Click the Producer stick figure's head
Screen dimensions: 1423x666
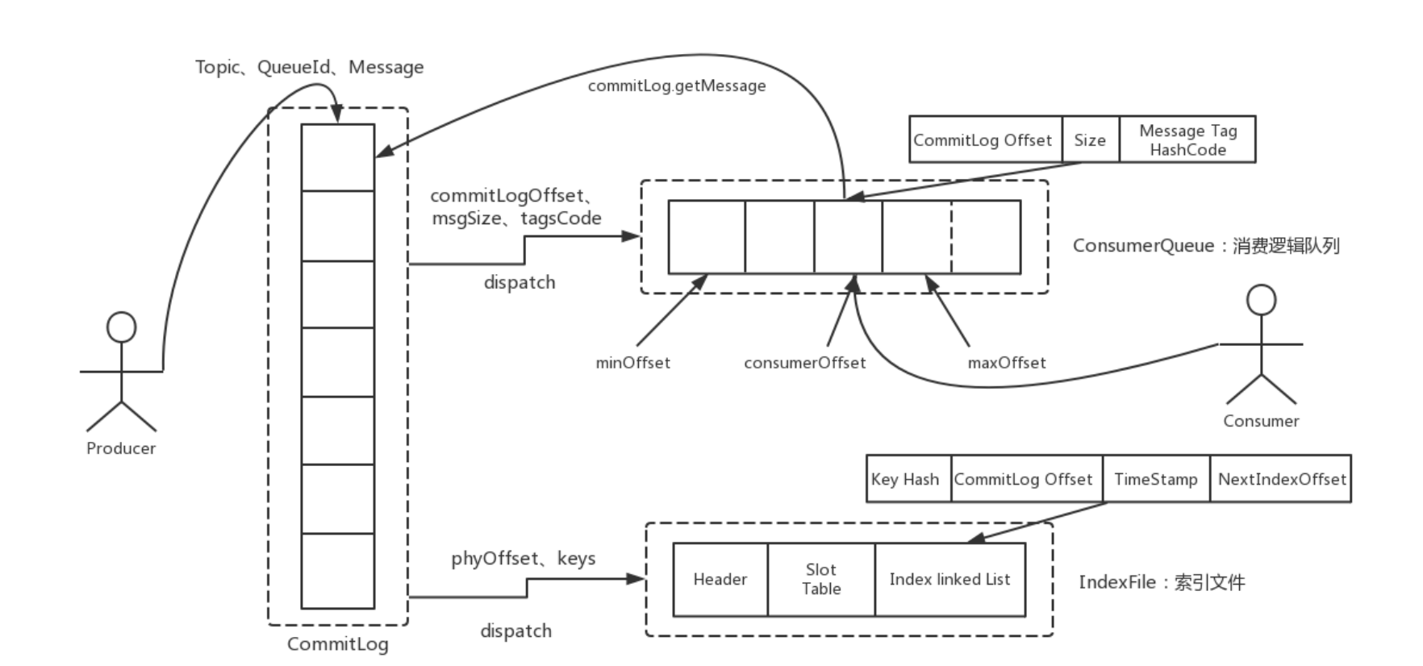[x=122, y=327]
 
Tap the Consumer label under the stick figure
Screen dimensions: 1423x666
[x=1261, y=421]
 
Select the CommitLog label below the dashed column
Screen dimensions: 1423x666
[x=337, y=644]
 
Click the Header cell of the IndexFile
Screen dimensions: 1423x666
[x=720, y=579]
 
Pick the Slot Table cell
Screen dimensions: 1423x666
[x=821, y=579]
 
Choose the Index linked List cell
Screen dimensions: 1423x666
[x=950, y=579]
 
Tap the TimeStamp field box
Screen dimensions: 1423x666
[x=1156, y=479]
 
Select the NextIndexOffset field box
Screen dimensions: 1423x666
[x=1280, y=479]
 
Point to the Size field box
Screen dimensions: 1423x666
[x=1091, y=139]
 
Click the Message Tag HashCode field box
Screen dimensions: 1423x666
[x=1187, y=139]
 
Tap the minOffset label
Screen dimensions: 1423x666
[x=632, y=363]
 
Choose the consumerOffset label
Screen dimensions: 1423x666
[x=804, y=363]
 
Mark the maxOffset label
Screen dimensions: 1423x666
[x=1007, y=363]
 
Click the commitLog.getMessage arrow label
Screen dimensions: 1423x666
[x=677, y=86]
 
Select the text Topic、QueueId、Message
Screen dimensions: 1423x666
[x=309, y=67]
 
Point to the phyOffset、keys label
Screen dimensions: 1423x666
[x=523, y=559]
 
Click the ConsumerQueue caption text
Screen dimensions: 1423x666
[x=1206, y=246]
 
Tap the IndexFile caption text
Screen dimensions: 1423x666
[x=1162, y=582]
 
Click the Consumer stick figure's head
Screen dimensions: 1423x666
[x=1262, y=300]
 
